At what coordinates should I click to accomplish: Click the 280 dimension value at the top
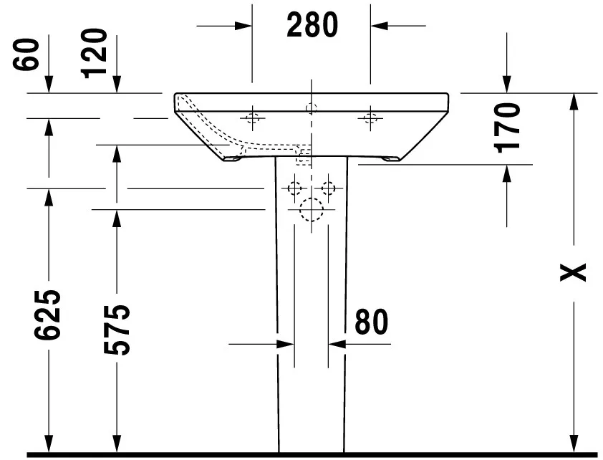pyautogui.click(x=312, y=25)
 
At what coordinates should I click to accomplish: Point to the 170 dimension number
pyautogui.click(x=507, y=128)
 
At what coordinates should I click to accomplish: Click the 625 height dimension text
pyautogui.click(x=49, y=315)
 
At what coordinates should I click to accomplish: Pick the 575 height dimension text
pyautogui.click(x=116, y=330)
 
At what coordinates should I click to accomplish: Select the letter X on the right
pyautogui.click(x=574, y=272)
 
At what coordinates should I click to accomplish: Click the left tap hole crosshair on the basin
pyautogui.click(x=252, y=117)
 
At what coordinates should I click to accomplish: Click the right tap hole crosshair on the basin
pyautogui.click(x=370, y=117)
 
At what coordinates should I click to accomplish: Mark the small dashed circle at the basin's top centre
pyautogui.click(x=311, y=108)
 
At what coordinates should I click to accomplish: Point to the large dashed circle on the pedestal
pyautogui.click(x=312, y=209)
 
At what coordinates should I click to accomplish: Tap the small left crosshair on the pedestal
pyautogui.click(x=294, y=188)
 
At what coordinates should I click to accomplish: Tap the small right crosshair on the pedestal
pyautogui.click(x=328, y=188)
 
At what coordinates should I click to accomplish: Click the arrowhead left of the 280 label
pyautogui.click(x=244, y=25)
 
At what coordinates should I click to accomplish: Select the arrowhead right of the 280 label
pyautogui.click(x=378, y=25)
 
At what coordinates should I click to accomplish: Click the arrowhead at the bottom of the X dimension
pyautogui.click(x=574, y=444)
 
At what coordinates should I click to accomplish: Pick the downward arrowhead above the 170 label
pyautogui.click(x=507, y=85)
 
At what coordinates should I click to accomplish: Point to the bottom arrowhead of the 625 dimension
pyautogui.click(x=49, y=444)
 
